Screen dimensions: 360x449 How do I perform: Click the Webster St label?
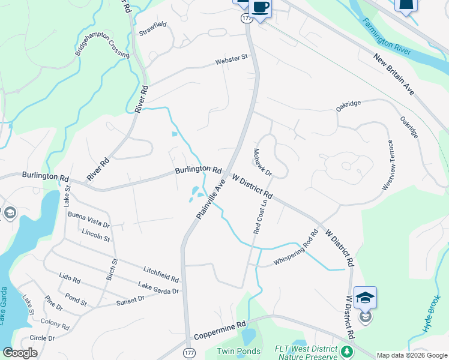click(x=232, y=59)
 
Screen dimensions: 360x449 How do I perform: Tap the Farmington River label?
click(x=387, y=37)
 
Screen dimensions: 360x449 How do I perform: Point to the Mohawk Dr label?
click(x=263, y=163)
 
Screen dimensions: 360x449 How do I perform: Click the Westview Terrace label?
click(x=387, y=166)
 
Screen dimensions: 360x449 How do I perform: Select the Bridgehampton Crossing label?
click(x=102, y=47)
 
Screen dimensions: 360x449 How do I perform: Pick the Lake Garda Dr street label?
click(x=158, y=289)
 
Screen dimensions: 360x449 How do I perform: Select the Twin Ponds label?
click(x=238, y=351)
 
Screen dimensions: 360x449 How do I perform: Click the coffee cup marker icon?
click(x=260, y=7)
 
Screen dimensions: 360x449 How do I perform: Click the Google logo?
click(x=20, y=353)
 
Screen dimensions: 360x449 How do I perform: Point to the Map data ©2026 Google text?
click(x=411, y=355)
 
